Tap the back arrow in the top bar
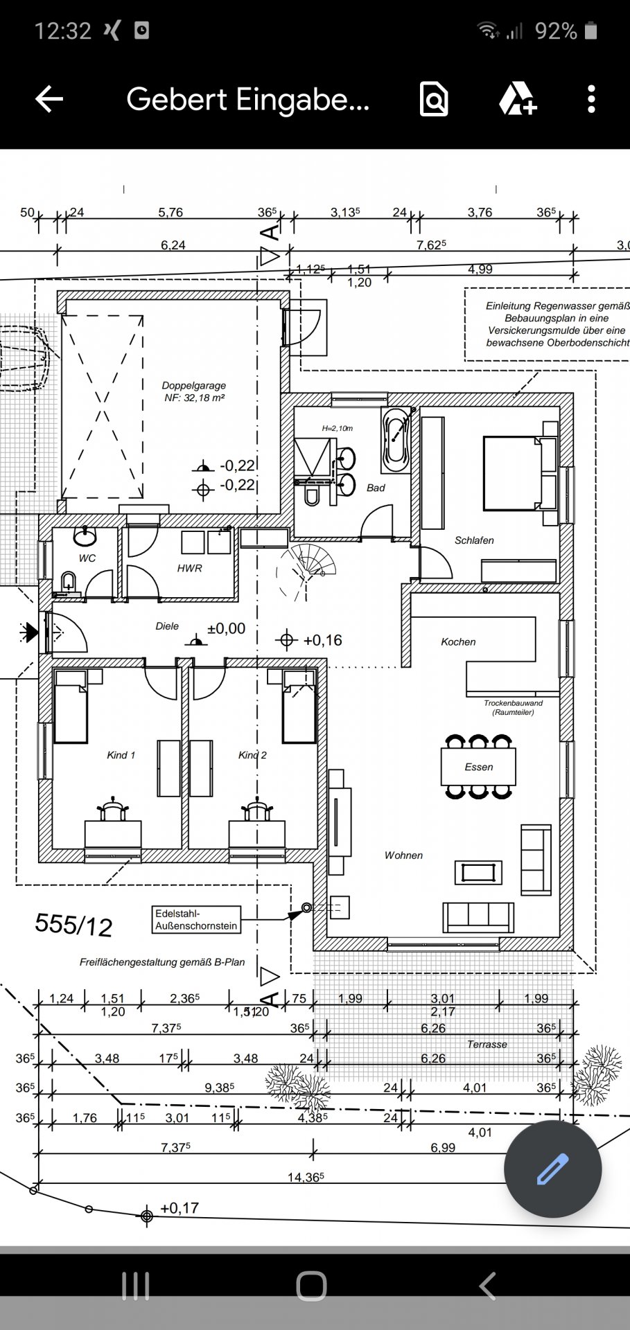coord(49,99)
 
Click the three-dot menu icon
coord(590,99)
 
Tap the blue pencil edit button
coord(552,1169)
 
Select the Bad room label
coord(376,488)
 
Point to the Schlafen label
coord(474,540)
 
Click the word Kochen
coord(458,642)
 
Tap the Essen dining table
coord(478,767)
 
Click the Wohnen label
coord(403,855)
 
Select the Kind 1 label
coord(121,755)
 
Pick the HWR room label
coord(189,568)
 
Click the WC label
coord(87,558)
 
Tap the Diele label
coord(167,626)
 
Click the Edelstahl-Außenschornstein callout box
coord(196,920)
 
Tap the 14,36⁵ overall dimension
coord(306,1177)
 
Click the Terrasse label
coord(487,1044)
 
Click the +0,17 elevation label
coord(180,1208)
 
